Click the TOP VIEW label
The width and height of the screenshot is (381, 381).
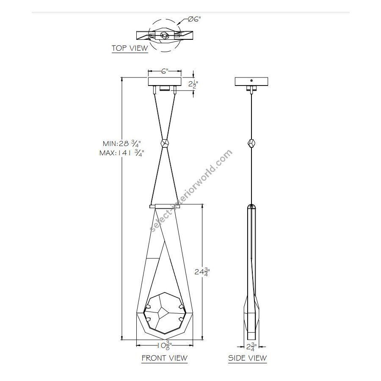pyautogui.click(x=130, y=48)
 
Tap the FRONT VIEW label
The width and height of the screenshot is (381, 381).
pyautogui.click(x=165, y=358)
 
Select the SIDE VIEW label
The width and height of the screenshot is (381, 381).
pyautogui.click(x=247, y=358)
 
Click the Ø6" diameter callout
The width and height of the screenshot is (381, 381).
pyautogui.click(x=194, y=19)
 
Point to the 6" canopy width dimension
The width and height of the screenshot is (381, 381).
pyautogui.click(x=165, y=71)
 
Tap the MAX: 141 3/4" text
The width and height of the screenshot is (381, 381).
pyautogui.click(x=122, y=153)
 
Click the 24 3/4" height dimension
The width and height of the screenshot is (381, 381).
pyautogui.click(x=202, y=272)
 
